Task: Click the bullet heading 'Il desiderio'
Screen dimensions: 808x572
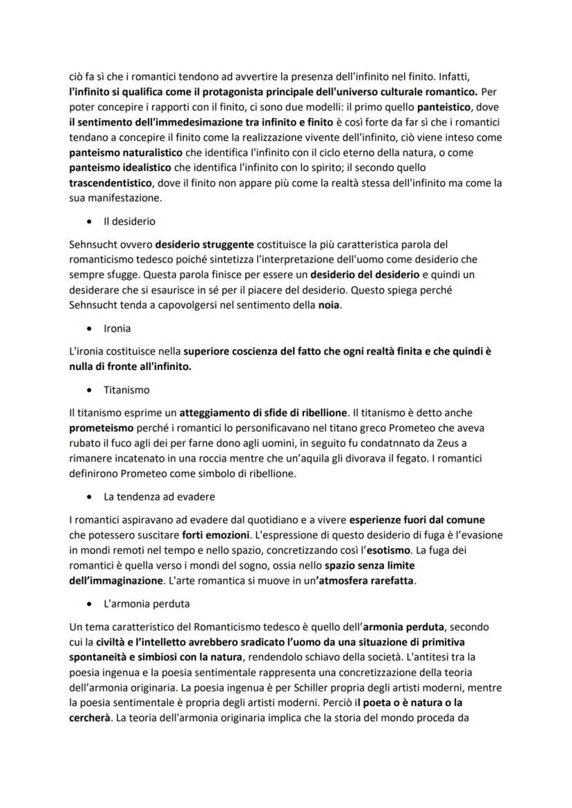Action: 129,221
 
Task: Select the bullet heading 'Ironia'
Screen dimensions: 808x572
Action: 117,328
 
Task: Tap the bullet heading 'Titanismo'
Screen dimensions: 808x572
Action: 126,390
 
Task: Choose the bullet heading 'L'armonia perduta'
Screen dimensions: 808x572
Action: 146,603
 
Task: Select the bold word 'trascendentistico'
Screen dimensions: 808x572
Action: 111,183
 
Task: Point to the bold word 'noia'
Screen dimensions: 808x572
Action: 328,305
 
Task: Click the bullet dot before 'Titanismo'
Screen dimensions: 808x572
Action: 90,391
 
